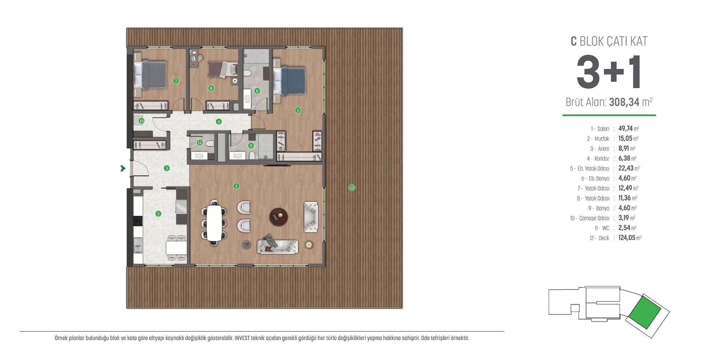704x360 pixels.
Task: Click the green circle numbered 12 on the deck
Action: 352,188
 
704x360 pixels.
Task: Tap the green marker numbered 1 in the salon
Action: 236,186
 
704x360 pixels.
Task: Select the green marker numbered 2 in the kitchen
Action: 158,214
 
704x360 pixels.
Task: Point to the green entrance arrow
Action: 123,168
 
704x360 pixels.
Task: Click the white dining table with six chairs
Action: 214,223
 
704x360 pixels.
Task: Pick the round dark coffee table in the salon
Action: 279,217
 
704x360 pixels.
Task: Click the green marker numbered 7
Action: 176,81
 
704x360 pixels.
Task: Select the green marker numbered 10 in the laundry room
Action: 142,121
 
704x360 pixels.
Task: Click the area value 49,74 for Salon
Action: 626,128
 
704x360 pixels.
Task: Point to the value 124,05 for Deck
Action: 627,238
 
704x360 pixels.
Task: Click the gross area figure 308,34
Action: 624,102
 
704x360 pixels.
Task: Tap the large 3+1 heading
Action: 609,72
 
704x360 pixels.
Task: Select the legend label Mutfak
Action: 602,139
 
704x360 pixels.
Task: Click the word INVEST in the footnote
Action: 242,338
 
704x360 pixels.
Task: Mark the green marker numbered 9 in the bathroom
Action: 251,146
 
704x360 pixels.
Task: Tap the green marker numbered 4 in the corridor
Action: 219,122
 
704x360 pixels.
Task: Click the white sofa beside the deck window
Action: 311,216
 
